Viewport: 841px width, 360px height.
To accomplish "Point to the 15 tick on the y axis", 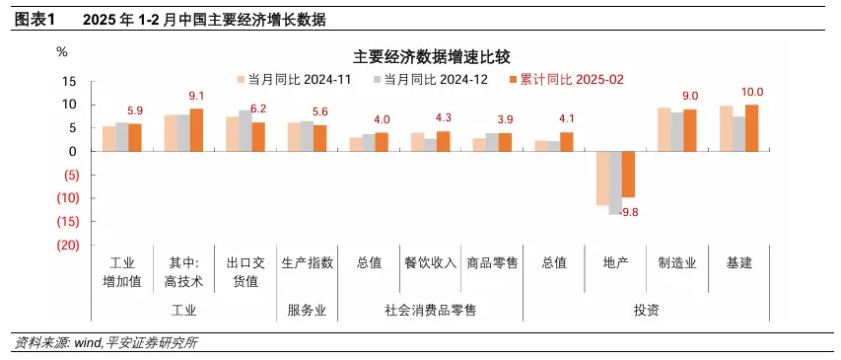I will [70, 81].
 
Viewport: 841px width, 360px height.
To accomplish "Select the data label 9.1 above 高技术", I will [196, 96].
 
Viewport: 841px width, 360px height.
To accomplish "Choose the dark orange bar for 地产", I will [628, 175].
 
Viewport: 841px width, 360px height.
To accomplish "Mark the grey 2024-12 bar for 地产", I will [615, 182].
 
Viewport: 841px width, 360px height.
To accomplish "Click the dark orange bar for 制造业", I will [690, 130].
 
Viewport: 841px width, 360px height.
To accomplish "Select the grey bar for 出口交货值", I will [245, 130].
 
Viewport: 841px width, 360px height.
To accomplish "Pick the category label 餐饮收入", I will [430, 262].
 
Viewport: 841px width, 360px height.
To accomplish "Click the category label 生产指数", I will [308, 262].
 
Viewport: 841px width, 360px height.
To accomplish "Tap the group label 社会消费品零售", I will [430, 310].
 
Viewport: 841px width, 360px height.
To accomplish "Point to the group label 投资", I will [646, 310].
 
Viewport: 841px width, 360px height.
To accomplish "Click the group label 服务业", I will [307, 310].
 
